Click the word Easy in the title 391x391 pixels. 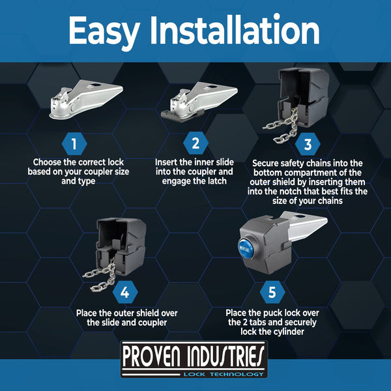coord(104,31)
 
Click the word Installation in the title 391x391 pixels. coord(235,30)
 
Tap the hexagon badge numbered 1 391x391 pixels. coord(74,144)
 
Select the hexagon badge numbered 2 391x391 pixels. coord(195,143)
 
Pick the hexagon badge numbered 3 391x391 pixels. coord(308,144)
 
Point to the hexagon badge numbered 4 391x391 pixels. coord(125,292)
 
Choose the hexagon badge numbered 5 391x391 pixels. coord(272,292)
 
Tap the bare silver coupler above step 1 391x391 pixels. coord(86,99)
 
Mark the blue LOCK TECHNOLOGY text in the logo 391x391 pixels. coord(224,374)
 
